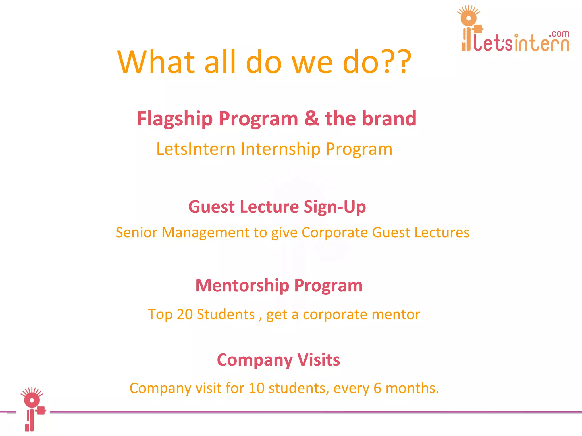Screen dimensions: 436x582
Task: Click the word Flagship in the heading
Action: coord(175,119)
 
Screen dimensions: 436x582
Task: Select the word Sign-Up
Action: coord(334,207)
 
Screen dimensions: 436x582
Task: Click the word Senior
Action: coord(136,232)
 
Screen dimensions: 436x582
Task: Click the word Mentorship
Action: coord(242,286)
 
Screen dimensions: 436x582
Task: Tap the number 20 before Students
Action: coord(184,315)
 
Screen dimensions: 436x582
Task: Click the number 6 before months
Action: coord(377,388)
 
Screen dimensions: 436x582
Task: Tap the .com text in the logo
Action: coord(559,34)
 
